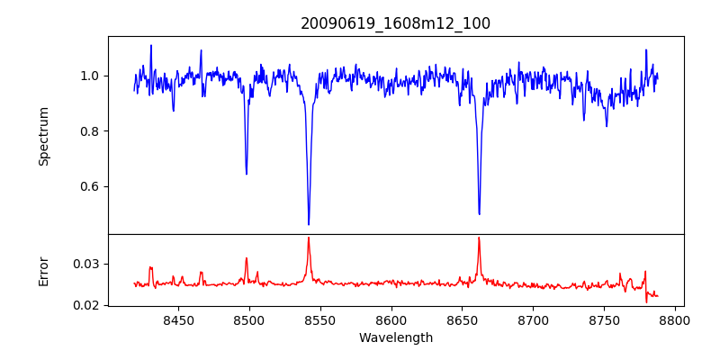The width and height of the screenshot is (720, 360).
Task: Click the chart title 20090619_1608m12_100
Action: pyautogui.click(x=395, y=23)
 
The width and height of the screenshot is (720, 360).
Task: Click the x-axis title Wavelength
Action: pyautogui.click(x=395, y=338)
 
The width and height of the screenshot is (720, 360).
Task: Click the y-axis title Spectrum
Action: pyautogui.click(x=43, y=136)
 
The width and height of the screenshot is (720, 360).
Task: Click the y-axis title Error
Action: pyautogui.click(x=43, y=270)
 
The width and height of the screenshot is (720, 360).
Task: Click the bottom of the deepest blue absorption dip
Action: pyautogui.click(x=309, y=225)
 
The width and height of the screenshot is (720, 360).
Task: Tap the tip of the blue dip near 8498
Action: pyautogui.click(x=247, y=174)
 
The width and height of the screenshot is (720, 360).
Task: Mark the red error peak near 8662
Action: pyautogui.click(x=479, y=238)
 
